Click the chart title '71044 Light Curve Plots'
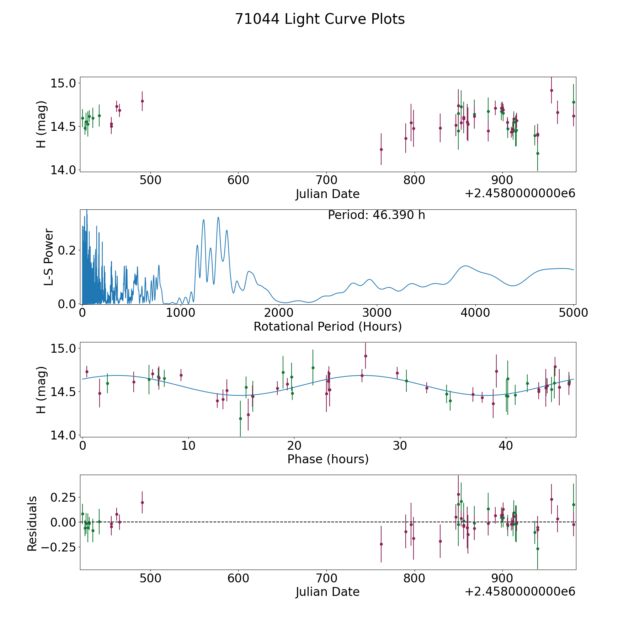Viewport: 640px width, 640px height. click(x=320, y=19)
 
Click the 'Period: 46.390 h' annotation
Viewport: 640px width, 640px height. click(x=376, y=215)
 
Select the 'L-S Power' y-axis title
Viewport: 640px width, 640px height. click(x=49, y=257)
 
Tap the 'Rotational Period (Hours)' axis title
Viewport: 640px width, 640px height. click(x=327, y=326)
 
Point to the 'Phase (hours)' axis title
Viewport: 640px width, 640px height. click(x=327, y=459)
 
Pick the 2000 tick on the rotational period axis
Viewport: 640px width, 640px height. click(x=279, y=313)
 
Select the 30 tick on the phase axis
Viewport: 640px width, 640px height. click(x=400, y=446)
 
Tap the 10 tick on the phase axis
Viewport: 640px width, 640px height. click(x=188, y=446)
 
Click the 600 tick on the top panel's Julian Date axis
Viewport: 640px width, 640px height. click(x=238, y=180)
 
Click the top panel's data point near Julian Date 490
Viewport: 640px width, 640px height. click(x=142, y=101)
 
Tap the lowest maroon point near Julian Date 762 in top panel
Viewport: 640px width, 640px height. click(x=381, y=149)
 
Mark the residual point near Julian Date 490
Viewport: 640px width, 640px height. click(x=142, y=502)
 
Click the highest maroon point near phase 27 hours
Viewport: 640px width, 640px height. click(x=366, y=356)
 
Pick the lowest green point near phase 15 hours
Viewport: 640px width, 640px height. click(x=240, y=418)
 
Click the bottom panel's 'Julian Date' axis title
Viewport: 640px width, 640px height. click(x=327, y=592)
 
